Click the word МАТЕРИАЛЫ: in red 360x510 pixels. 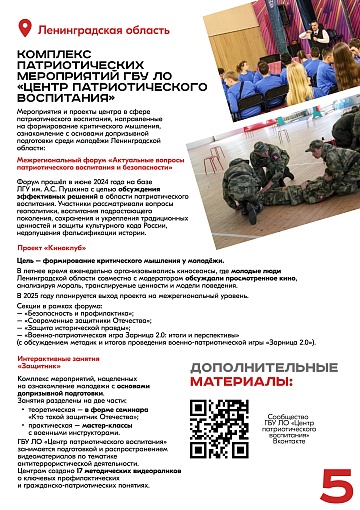coord(244,381)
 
